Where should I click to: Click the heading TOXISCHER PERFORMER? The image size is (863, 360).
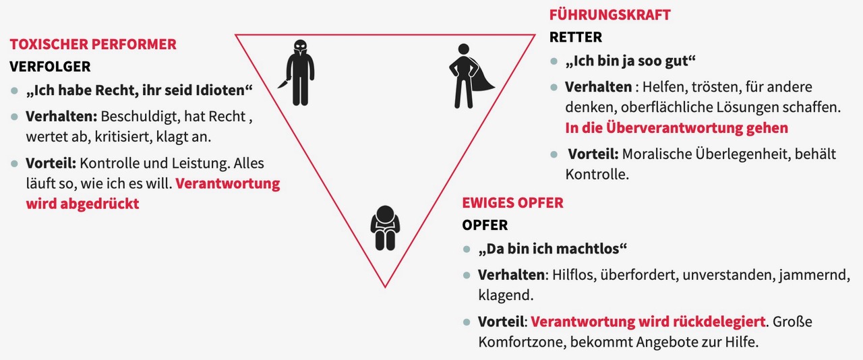coord(93,45)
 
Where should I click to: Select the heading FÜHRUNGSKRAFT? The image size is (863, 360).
coord(610,15)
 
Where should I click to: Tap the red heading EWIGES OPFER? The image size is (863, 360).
coord(512,203)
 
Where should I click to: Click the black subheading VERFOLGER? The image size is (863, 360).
coord(50,67)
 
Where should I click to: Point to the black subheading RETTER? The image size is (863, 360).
coord(576,37)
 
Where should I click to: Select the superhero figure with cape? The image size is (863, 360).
coord(465,76)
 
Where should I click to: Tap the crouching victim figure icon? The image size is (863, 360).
coord(385,228)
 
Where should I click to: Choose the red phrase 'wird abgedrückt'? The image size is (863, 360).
coord(82,203)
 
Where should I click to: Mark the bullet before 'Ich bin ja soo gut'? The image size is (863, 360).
coord(554,61)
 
